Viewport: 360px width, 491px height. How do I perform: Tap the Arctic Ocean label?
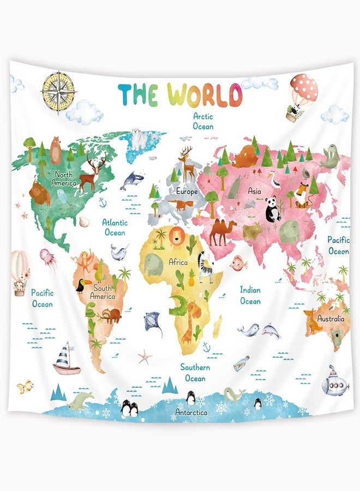click(x=203, y=121)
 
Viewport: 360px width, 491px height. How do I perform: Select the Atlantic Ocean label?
click(x=115, y=227)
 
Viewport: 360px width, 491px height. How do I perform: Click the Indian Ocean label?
click(x=250, y=295)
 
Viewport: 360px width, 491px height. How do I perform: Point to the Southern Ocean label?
click(x=195, y=373)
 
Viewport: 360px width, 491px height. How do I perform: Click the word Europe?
click(x=187, y=191)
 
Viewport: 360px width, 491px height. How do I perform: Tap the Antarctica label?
click(x=191, y=412)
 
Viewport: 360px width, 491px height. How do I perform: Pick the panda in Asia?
click(x=273, y=210)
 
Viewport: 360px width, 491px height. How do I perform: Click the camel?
click(x=223, y=231)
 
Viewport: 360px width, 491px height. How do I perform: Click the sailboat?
click(x=67, y=359)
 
